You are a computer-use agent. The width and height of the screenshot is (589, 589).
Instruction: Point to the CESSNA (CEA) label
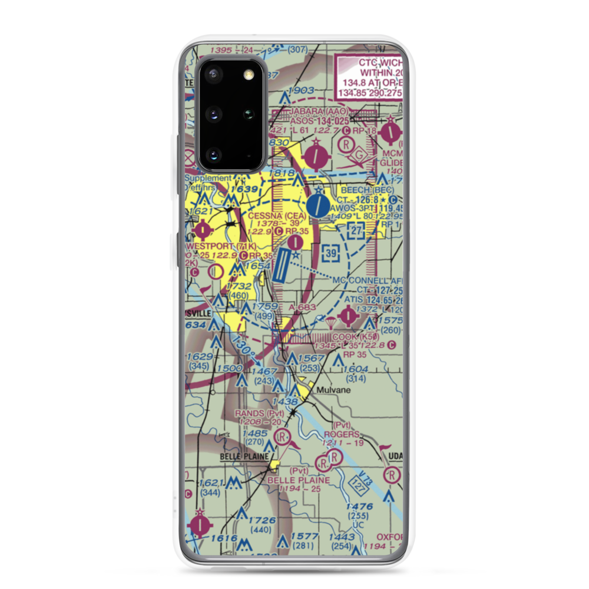pyautogui.click(x=277, y=216)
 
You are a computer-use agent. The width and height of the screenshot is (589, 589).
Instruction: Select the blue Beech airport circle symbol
pyautogui.click(x=319, y=206)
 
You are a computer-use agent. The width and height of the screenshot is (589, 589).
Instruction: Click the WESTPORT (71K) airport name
pyautogui.click(x=221, y=245)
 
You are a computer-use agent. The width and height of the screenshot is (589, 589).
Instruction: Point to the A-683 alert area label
pyautogui.click(x=303, y=307)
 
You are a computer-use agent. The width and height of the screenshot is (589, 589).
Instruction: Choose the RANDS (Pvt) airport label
pyautogui.click(x=260, y=413)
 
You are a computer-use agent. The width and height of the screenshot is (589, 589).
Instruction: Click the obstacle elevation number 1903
pyautogui.click(x=301, y=90)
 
